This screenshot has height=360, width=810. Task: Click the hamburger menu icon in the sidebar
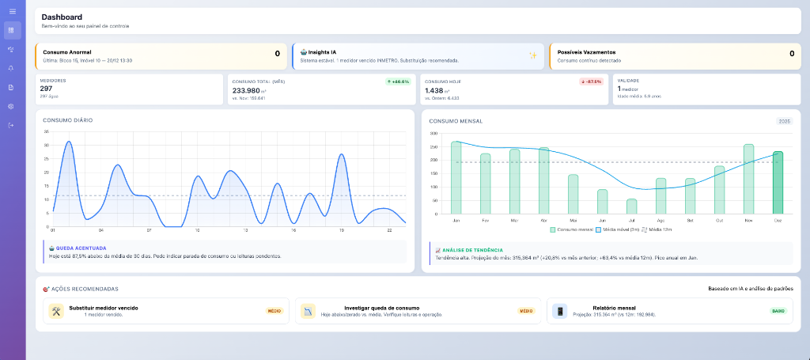point(11,11)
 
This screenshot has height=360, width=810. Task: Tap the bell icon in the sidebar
point(11,68)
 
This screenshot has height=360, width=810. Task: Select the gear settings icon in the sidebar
point(11,106)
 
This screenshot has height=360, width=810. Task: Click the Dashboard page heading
point(62,17)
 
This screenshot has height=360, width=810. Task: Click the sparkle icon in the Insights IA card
point(533,55)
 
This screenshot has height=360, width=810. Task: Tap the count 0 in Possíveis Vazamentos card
point(791,54)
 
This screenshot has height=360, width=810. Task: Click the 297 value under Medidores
point(46,89)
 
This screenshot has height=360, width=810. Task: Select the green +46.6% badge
point(398,81)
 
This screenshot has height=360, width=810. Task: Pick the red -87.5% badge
point(591,81)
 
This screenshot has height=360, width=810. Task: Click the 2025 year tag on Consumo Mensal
point(784,121)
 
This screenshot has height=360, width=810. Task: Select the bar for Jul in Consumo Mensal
point(631,206)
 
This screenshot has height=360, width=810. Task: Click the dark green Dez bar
point(778,182)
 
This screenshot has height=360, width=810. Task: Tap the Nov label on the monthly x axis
point(748,220)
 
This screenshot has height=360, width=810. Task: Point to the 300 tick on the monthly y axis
point(433,133)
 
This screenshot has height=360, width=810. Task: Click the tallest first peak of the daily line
point(69,142)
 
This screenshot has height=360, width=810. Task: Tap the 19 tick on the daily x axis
point(342,229)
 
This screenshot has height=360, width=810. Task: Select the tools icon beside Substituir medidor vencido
point(55,311)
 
